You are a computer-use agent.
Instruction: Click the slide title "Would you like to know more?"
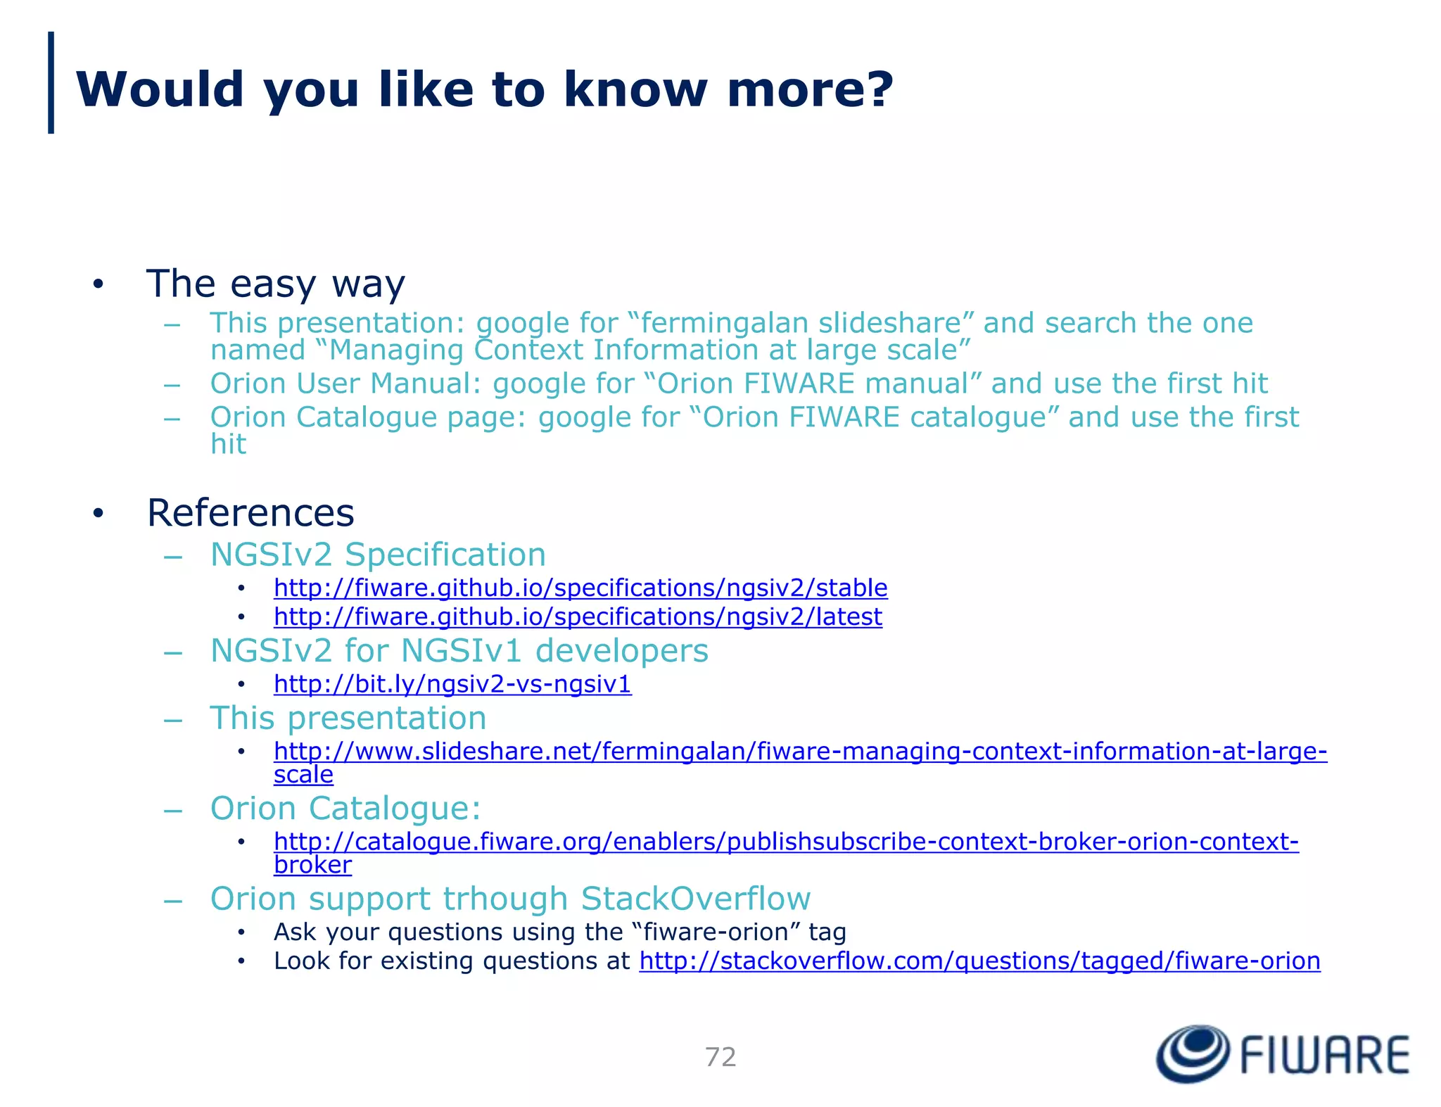coord(484,89)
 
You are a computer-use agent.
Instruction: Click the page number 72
coord(720,1057)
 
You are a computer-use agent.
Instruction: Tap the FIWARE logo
coord(1282,1054)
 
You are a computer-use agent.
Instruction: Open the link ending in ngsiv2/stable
coord(580,588)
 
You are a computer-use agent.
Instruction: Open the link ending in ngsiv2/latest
coord(578,616)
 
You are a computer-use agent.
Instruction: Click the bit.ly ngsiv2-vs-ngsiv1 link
coord(452,684)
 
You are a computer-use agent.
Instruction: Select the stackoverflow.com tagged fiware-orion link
coord(979,961)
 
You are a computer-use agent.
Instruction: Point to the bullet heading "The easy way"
coord(275,284)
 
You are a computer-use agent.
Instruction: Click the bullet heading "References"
coord(250,512)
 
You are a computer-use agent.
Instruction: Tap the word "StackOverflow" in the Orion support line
coord(695,899)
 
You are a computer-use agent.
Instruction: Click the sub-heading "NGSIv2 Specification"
coord(378,555)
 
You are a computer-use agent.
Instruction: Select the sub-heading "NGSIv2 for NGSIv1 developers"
coord(459,650)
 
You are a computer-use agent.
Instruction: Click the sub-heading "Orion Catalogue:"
coord(345,809)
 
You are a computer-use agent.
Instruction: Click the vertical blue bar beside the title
coord(51,82)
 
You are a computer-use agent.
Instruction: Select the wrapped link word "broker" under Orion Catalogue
coord(312,865)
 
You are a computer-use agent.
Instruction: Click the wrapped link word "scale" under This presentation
coord(303,775)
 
